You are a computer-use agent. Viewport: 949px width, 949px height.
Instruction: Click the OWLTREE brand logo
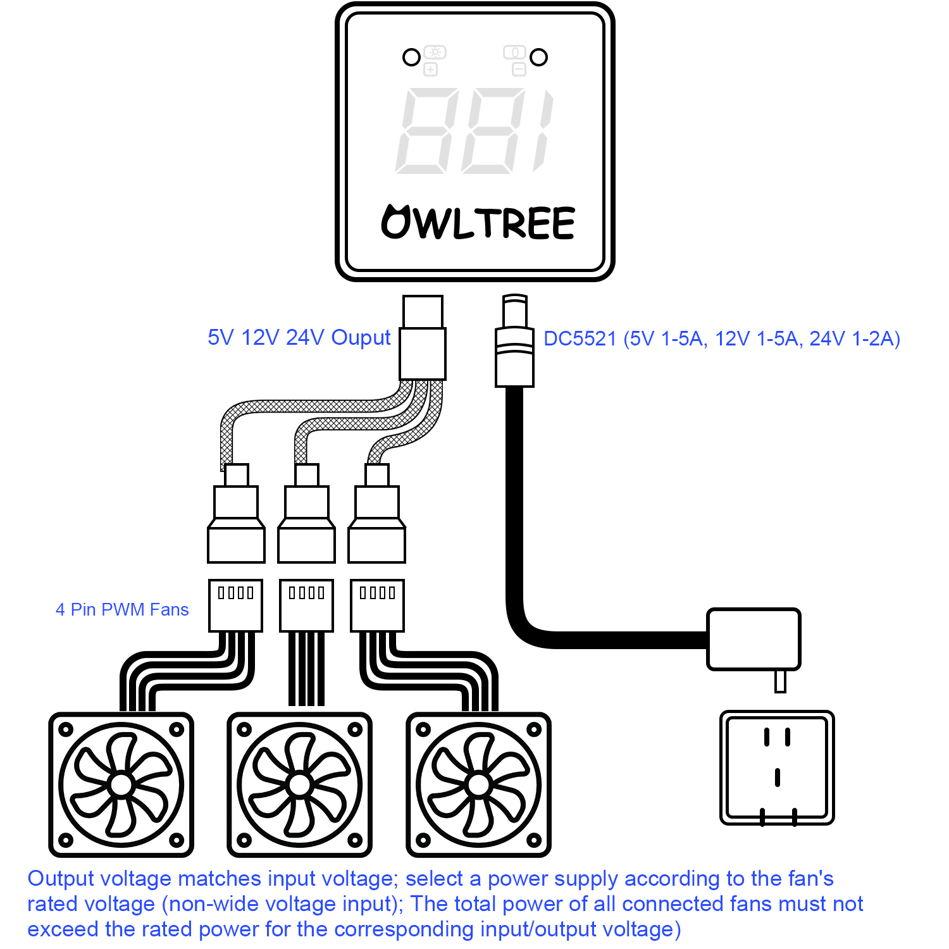478,222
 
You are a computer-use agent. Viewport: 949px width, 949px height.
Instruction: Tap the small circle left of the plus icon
411,58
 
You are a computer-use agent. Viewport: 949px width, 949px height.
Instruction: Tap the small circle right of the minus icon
538,58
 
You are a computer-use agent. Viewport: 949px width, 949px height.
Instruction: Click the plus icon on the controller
431,70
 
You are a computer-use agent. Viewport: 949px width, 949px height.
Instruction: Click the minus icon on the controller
519,70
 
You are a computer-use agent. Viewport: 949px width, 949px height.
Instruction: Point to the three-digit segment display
475,131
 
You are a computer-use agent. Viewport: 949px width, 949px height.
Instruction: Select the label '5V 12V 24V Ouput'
299,338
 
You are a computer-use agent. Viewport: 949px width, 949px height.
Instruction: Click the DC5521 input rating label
722,339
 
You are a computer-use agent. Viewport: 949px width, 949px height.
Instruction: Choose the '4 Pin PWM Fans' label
122,609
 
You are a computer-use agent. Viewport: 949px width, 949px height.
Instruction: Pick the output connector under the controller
423,337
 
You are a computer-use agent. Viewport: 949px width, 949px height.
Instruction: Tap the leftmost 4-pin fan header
235,605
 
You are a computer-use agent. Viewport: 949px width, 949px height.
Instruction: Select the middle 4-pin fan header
306,605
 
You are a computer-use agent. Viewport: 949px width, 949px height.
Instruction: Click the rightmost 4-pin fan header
377,605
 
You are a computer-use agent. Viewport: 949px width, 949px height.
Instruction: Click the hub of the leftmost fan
121,785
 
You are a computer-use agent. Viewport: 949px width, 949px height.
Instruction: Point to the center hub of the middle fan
299,785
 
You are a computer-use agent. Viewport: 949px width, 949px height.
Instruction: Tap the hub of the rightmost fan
478,785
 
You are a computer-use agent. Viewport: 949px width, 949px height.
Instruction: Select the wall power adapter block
754,640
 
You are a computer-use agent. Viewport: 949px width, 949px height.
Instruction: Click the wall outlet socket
777,767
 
